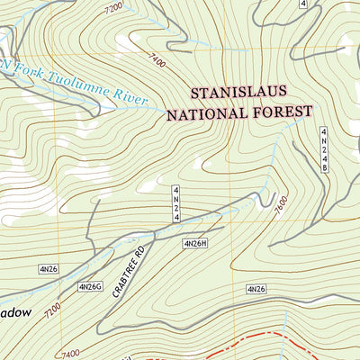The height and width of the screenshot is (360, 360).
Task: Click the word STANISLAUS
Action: point(251,94)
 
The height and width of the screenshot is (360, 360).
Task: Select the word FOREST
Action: point(283,114)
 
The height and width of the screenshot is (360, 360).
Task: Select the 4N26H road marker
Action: point(195,243)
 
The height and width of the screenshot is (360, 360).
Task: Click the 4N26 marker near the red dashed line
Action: point(256,289)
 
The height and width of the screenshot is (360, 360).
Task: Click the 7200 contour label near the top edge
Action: point(113,10)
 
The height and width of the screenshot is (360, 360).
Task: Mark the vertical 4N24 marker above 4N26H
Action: point(177,203)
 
